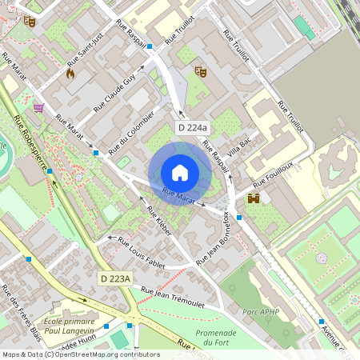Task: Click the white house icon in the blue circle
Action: coord(180,173)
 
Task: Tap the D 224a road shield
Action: coord(193,128)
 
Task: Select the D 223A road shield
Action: coord(114,278)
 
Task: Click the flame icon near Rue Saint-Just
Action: coord(70,74)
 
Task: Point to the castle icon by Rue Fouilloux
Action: coord(254,198)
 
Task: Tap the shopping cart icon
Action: coord(38,107)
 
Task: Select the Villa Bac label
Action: coord(239,146)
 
